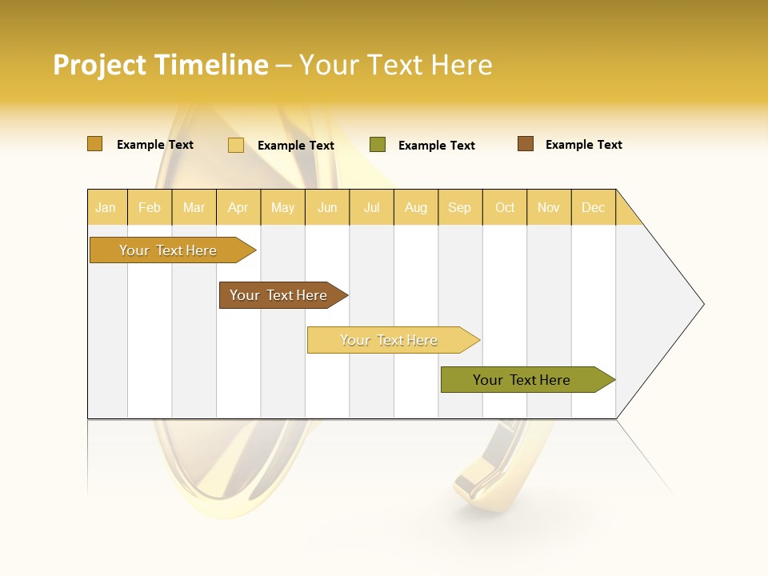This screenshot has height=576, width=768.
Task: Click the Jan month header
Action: click(106, 207)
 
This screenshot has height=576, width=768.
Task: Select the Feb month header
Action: click(150, 207)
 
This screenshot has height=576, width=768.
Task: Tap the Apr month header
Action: click(238, 207)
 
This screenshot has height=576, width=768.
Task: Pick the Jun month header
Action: click(327, 207)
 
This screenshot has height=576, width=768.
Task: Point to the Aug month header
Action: click(415, 207)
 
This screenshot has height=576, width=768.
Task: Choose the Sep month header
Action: click(459, 207)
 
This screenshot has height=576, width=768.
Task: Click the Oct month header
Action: click(505, 207)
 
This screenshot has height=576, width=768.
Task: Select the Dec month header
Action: click(593, 207)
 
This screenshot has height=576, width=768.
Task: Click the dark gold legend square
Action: click(94, 144)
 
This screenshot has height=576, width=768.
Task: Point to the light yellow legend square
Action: click(235, 145)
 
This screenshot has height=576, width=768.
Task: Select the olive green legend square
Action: click(377, 145)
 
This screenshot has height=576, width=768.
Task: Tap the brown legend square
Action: click(525, 144)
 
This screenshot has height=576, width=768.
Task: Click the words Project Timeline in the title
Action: click(160, 65)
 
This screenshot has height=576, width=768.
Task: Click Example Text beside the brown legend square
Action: click(583, 145)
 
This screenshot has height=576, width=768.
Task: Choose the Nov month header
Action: click(548, 207)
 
